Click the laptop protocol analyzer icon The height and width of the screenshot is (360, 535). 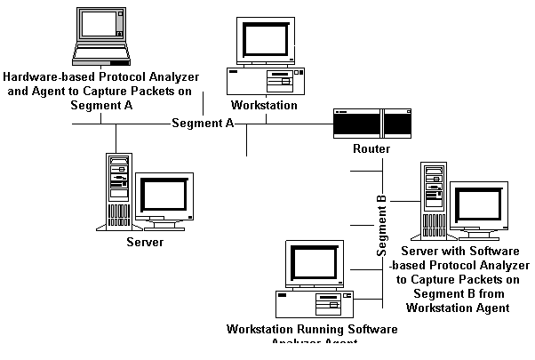tap(105, 37)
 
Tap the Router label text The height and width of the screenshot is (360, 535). tap(371, 148)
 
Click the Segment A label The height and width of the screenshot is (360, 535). tap(203, 123)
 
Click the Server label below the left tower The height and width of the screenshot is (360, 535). tap(145, 242)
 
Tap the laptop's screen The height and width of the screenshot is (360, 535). tap(105, 27)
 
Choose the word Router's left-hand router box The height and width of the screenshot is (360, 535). tap(355, 123)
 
